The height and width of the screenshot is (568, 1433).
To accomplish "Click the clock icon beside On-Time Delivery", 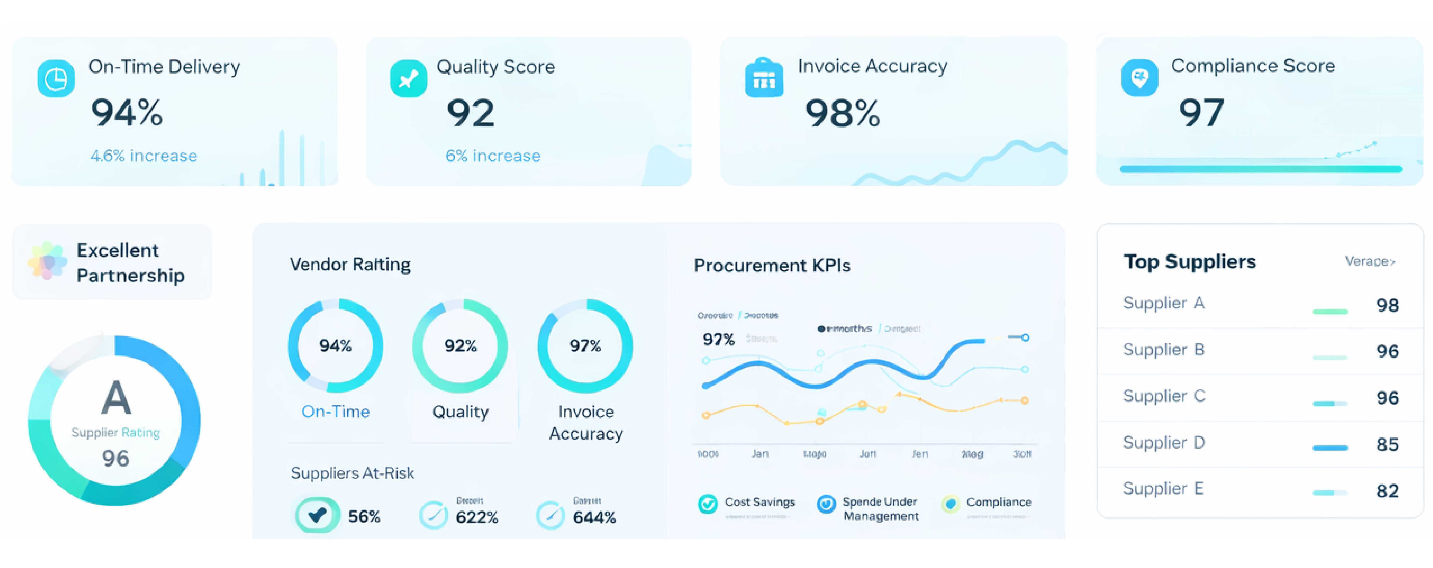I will pyautogui.click(x=56, y=78).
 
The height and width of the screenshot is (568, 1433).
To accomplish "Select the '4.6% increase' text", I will pyautogui.click(x=144, y=156).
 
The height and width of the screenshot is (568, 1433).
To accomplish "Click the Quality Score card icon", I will pyautogui.click(x=408, y=78).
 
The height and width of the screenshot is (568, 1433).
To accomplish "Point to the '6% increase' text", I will pyautogui.click(x=493, y=156).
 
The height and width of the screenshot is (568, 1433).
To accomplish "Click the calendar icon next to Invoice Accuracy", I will pyautogui.click(x=764, y=78).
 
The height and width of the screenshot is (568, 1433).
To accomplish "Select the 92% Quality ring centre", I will pyautogui.click(x=460, y=346).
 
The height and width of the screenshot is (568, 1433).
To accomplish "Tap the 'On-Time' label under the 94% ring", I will pyautogui.click(x=335, y=411).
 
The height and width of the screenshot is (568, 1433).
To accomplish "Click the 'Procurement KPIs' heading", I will pyautogui.click(x=772, y=266).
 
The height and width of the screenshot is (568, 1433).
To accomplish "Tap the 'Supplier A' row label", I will pyautogui.click(x=1164, y=303).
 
